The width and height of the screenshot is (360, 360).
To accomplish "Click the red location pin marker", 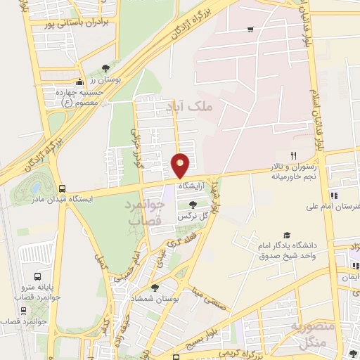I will point(181,165).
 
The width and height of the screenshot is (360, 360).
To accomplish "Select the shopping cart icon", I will point(251,29).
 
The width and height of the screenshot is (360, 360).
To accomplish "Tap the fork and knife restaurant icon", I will point(294,156).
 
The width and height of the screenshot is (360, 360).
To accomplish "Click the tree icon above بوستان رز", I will point(105,68).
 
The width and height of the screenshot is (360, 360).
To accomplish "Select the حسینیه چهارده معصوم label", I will point(79,96).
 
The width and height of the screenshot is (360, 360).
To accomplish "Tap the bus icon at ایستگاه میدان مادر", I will point(63,188).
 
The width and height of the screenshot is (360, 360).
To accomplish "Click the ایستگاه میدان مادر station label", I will point(63,200).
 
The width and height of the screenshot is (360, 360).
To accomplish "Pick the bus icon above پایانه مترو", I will point(37,276).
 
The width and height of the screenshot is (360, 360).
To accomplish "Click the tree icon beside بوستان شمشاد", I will point(155,287).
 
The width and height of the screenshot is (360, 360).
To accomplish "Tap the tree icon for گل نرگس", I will point(193,204).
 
